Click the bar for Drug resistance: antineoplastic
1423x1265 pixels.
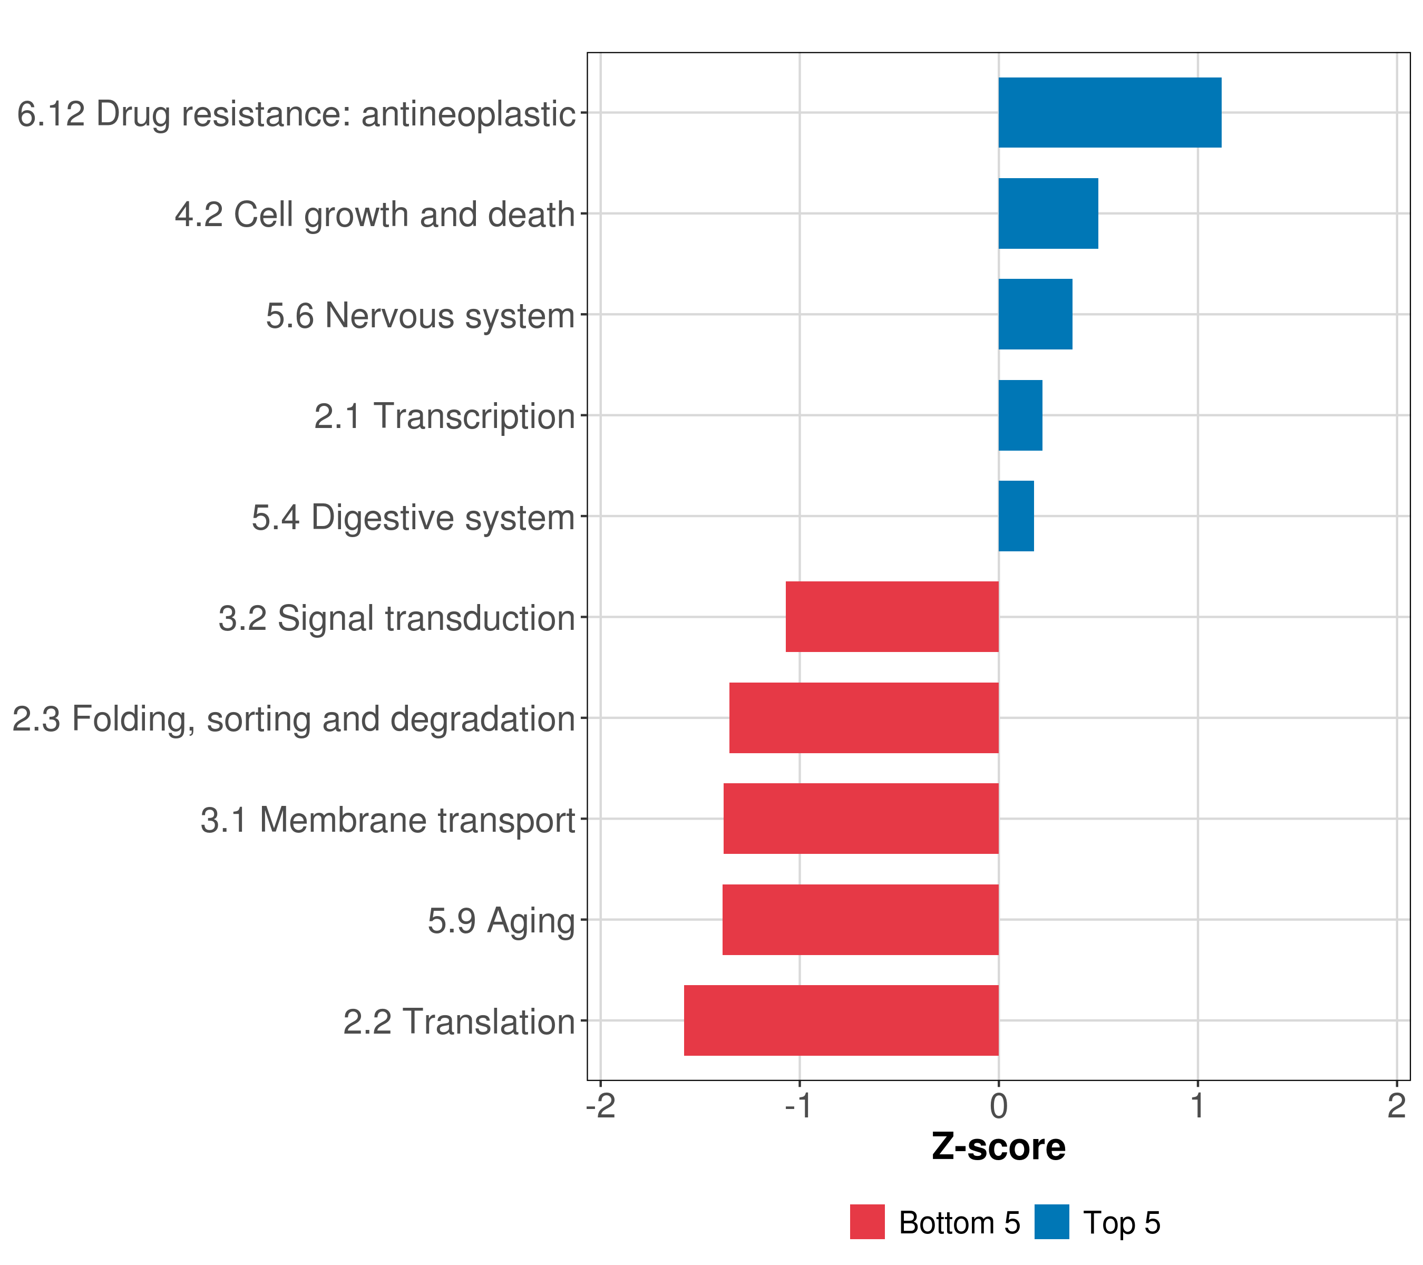click(x=1110, y=112)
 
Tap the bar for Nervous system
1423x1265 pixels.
click(x=1035, y=314)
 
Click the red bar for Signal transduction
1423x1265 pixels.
click(x=892, y=617)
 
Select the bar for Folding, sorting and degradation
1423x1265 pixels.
click(x=864, y=718)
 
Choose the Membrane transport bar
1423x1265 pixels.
click(x=861, y=819)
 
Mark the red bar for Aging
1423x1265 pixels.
click(x=861, y=920)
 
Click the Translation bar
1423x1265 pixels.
click(x=841, y=1020)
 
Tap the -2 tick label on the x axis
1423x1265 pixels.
click(x=601, y=1106)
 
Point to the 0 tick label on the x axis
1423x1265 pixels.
click(x=998, y=1106)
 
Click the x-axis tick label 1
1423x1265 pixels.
click(x=1197, y=1106)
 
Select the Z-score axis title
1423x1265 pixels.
click(x=998, y=1147)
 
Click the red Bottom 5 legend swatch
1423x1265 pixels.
click(x=868, y=1222)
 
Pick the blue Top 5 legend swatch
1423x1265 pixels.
click(x=1051, y=1222)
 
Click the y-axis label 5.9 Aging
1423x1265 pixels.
click(x=501, y=921)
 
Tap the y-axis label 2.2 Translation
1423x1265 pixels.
click(x=460, y=1022)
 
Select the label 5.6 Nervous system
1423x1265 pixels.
click(x=421, y=315)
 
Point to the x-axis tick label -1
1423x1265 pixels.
click(x=798, y=1106)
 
